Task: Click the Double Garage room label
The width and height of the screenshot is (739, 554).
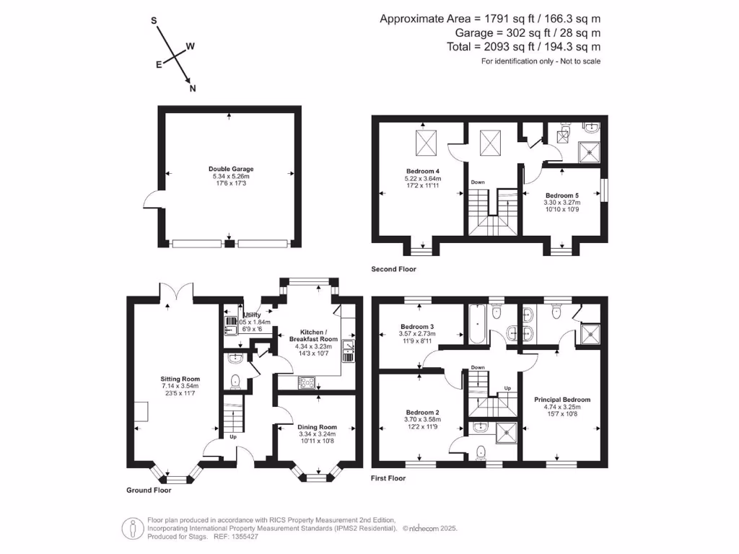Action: point(227,169)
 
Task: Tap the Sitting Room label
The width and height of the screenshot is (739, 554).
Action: point(180,379)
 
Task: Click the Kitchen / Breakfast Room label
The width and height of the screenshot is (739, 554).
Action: point(313,335)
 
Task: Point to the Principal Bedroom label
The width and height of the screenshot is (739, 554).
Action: point(562,400)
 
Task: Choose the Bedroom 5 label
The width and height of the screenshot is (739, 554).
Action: point(561,195)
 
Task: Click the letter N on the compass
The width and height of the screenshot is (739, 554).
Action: point(192,89)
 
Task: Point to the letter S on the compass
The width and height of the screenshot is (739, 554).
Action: point(154,21)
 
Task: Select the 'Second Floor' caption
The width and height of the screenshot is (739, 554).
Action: point(393,269)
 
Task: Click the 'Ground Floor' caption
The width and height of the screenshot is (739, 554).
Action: point(149,491)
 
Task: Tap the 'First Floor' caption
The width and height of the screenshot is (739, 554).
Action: point(388,478)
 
